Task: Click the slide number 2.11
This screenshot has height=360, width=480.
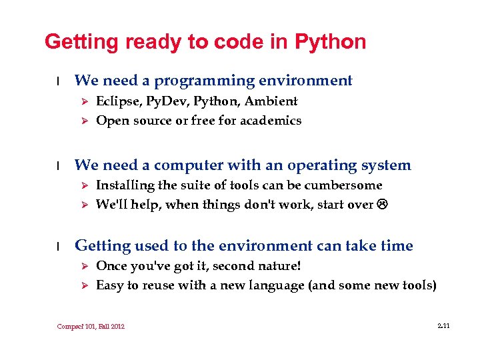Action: click(x=443, y=325)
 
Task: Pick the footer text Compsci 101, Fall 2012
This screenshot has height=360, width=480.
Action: click(x=91, y=326)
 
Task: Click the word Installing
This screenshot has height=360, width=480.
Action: click(x=123, y=185)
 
